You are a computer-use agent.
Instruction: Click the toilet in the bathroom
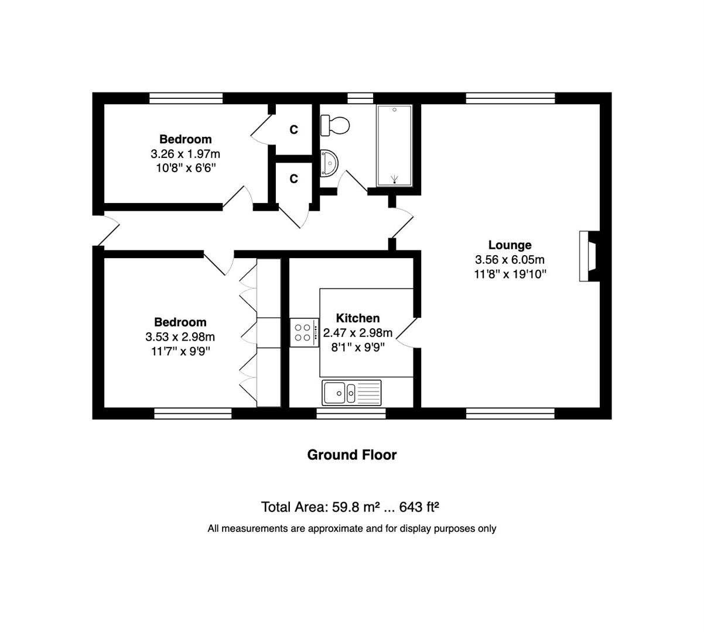(x=334, y=125)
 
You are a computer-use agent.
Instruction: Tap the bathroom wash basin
(x=329, y=163)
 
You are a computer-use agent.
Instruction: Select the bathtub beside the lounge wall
(x=394, y=146)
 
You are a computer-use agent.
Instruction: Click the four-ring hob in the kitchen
(x=305, y=332)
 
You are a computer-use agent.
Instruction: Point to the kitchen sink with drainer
(x=351, y=393)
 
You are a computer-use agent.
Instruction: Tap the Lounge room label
(x=510, y=245)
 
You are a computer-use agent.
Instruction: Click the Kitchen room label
(x=357, y=318)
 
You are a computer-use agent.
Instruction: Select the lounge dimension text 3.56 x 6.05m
(x=510, y=259)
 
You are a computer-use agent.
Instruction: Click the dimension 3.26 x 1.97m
(x=185, y=153)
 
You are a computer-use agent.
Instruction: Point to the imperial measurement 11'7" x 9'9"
(x=180, y=352)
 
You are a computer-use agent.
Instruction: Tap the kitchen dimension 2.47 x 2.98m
(x=357, y=332)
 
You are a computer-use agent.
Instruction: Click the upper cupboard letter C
(x=293, y=129)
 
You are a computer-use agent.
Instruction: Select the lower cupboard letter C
(x=293, y=179)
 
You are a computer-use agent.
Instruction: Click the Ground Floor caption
(x=351, y=455)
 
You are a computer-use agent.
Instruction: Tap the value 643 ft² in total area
(x=419, y=507)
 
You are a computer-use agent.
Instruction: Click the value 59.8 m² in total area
(x=355, y=507)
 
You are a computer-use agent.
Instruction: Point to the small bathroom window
(x=360, y=98)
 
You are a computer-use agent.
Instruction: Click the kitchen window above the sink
(x=351, y=413)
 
